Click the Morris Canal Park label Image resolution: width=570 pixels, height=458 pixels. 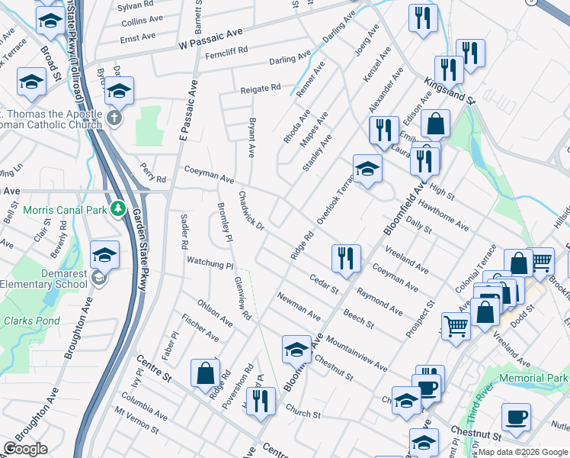click(64, 209)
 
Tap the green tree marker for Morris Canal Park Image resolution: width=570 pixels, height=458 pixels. click(118, 208)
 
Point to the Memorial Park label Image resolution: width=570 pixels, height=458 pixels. click(534, 378)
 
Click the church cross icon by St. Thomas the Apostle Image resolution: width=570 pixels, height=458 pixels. click(114, 118)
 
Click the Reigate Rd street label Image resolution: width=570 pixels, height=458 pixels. click(261, 89)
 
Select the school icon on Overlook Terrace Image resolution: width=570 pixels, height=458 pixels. click(367, 169)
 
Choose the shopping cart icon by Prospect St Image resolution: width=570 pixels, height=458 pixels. click(456, 327)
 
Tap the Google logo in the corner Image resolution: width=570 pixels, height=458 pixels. click(25, 449)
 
